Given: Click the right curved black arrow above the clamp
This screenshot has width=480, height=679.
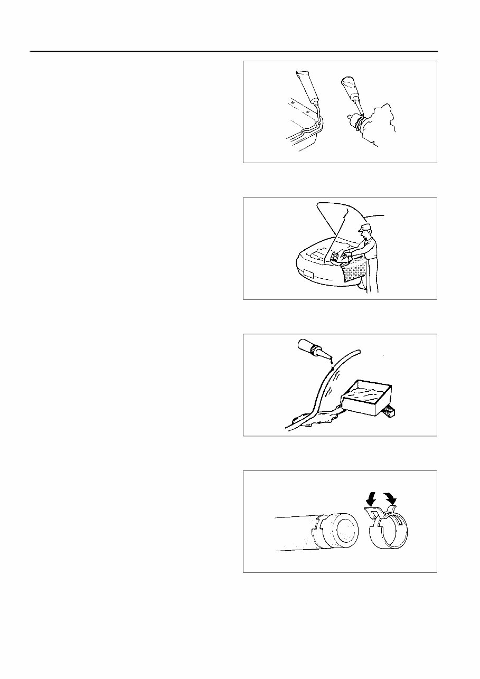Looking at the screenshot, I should point(391,496).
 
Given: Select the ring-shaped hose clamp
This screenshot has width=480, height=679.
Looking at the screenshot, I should point(391,533).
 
